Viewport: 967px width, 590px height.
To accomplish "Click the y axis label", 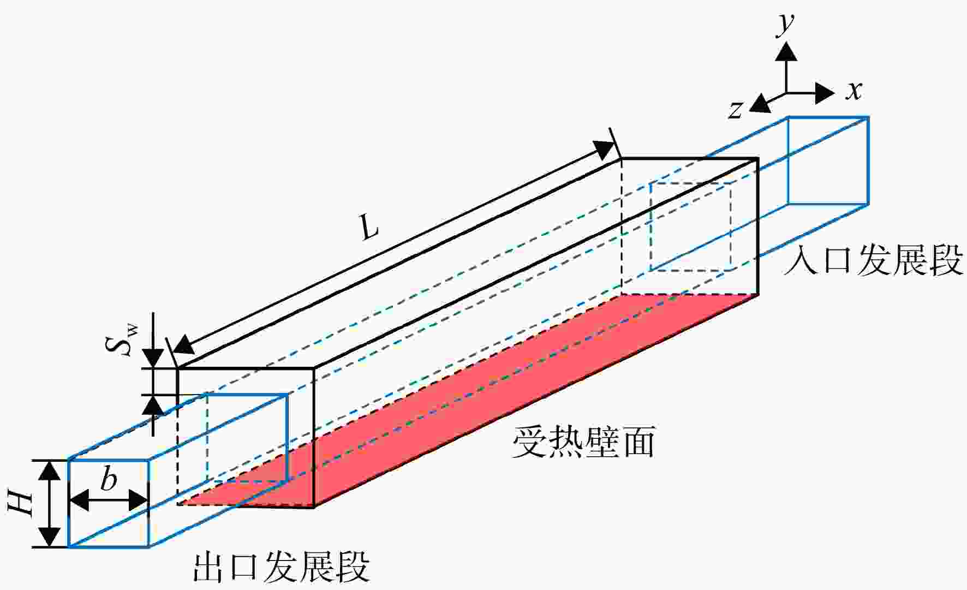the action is pos(786,25).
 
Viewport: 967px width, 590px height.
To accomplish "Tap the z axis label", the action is pos(736,109).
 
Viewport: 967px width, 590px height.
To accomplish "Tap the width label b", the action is pos(109,479).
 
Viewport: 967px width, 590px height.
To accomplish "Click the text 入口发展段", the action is pos(872,260).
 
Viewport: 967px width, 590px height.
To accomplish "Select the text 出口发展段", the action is pos(281,568).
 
